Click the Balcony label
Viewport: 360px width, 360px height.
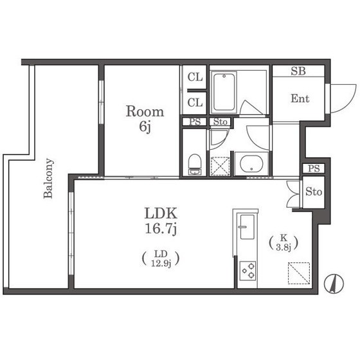[48, 178]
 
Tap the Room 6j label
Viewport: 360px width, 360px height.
[145, 118]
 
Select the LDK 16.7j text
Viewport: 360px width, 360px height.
[161, 221]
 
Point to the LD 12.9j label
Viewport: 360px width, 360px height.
[161, 258]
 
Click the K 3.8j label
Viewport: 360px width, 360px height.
[283, 243]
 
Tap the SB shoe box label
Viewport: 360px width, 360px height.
[298, 71]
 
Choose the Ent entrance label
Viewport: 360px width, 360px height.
[300, 99]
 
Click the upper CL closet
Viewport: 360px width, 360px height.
[195, 77]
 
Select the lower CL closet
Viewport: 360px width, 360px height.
[195, 103]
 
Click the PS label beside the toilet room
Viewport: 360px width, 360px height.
[195, 122]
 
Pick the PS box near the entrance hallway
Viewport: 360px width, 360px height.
[314, 168]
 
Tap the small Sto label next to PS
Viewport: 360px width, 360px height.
[220, 122]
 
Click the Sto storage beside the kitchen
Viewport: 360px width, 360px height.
[314, 192]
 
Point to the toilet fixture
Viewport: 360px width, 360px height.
[194, 165]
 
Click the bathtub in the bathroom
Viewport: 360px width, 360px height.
[224, 92]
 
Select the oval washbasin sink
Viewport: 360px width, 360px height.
[251, 163]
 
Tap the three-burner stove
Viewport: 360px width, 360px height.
[248, 271]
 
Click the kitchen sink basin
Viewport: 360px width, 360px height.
[247, 227]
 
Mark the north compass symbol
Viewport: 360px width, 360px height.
[334, 283]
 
